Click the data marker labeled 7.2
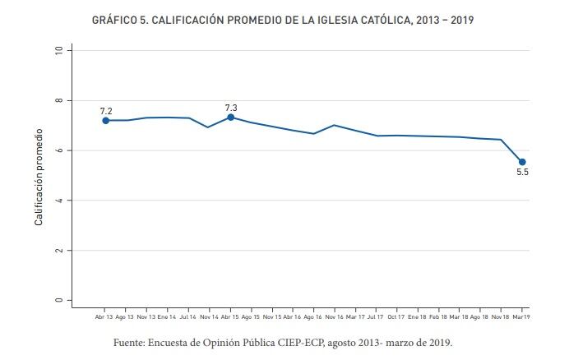[x=106, y=121]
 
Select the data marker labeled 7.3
[x=231, y=118]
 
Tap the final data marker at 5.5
[x=522, y=162]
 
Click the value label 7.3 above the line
[x=231, y=107]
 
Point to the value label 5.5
[x=522, y=173]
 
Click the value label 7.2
[x=106, y=110]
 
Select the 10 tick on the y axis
[x=58, y=50]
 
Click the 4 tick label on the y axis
[x=58, y=201]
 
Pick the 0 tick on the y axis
[x=58, y=300]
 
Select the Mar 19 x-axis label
[x=522, y=316]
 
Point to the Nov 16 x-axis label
[x=335, y=316]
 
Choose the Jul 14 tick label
[x=187, y=316]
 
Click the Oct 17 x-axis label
[x=397, y=316]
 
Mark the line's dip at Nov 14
[x=208, y=127]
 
